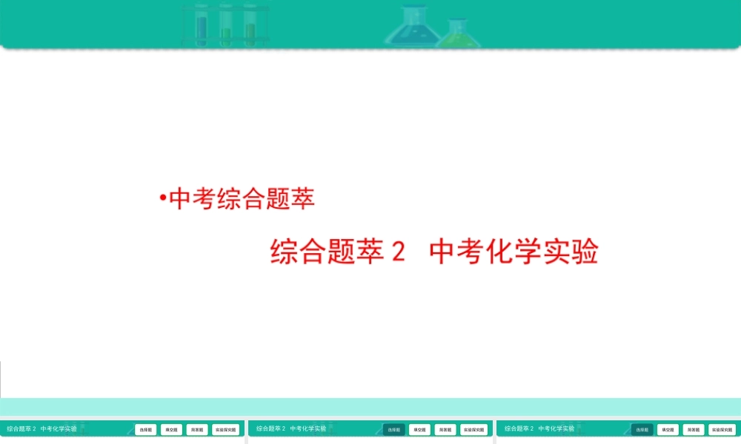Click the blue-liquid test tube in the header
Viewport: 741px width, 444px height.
201,25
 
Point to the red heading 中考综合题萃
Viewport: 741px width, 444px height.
242,199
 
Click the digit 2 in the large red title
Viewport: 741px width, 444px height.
398,252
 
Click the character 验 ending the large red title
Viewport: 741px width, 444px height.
585,252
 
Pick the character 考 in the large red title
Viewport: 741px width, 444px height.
465,252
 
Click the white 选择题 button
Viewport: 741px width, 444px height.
145,429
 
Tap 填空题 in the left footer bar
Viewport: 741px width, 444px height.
171,429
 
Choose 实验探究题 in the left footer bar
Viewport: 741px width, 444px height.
226,429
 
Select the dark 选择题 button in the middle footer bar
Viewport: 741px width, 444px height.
394,429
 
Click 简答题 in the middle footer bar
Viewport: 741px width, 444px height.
445,429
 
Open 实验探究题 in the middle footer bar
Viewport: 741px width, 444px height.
474,429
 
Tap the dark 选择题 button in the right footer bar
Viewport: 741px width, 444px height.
642,429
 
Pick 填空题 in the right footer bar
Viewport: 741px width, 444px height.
668,429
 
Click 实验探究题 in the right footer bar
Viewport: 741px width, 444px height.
722,429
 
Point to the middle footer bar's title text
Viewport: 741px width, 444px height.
291,428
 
